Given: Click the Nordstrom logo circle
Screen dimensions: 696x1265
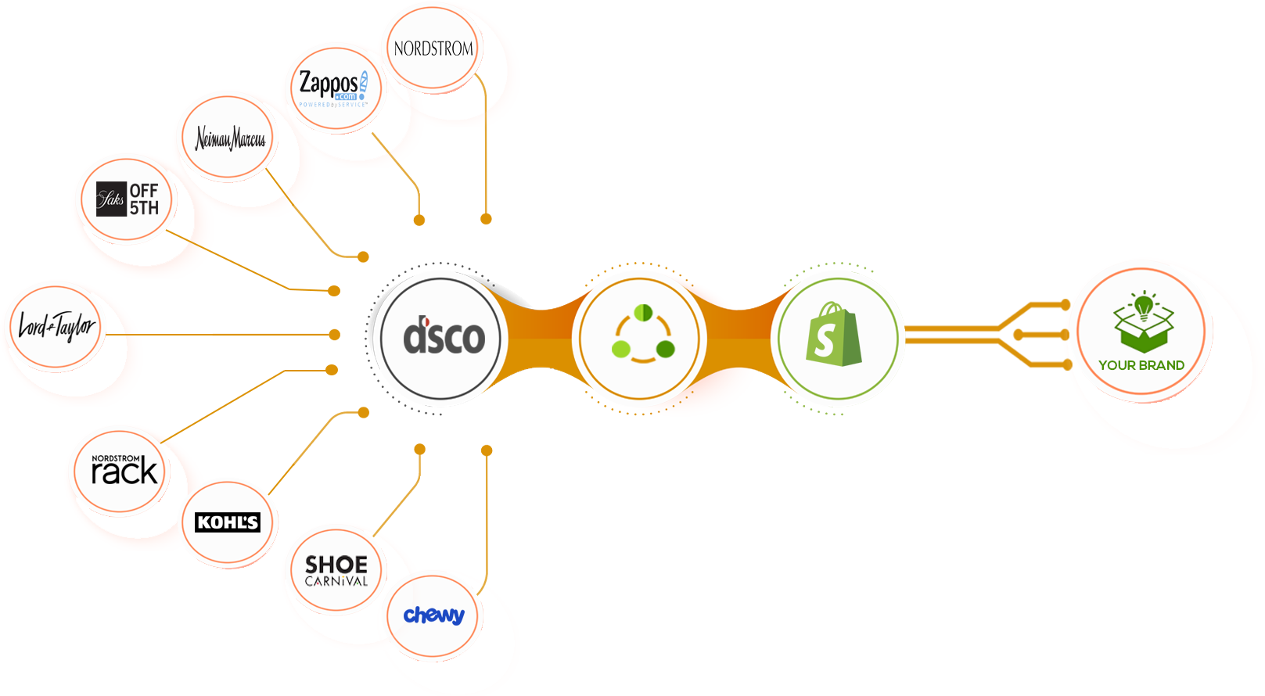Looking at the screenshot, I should [433, 48].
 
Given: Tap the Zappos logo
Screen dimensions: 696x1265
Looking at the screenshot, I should [332, 87].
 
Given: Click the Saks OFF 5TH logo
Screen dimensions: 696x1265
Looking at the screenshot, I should [128, 199].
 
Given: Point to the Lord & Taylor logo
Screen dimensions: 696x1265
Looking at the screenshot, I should [56, 326].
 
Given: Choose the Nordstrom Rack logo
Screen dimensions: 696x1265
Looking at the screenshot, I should [124, 471].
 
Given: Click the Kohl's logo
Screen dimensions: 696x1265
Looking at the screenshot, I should [228, 522].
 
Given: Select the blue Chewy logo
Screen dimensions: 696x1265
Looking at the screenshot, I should [433, 615].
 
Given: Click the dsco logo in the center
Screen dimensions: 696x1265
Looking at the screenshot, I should [443, 338].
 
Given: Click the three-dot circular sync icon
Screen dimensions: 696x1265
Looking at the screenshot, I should [643, 336].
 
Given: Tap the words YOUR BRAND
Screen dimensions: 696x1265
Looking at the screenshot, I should [1141, 365].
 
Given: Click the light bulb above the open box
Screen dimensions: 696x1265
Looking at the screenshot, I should [1144, 305].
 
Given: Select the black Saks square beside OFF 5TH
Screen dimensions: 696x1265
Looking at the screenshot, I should [111, 199].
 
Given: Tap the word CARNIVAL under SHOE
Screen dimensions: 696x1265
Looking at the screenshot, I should [336, 582].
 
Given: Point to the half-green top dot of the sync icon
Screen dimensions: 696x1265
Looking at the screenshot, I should [643, 313].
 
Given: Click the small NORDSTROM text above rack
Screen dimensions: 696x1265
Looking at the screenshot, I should [116, 459].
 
